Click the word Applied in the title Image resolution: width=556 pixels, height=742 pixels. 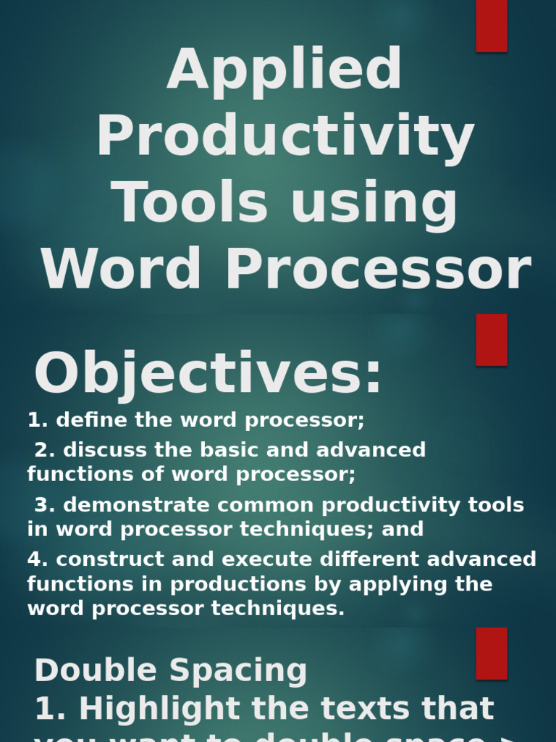click(285, 71)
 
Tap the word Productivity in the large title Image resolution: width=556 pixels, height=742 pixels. click(285, 137)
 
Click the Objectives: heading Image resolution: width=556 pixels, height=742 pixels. click(208, 374)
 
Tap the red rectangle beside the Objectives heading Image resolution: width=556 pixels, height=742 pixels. click(492, 340)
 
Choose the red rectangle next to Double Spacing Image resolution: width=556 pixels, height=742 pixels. click(492, 654)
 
